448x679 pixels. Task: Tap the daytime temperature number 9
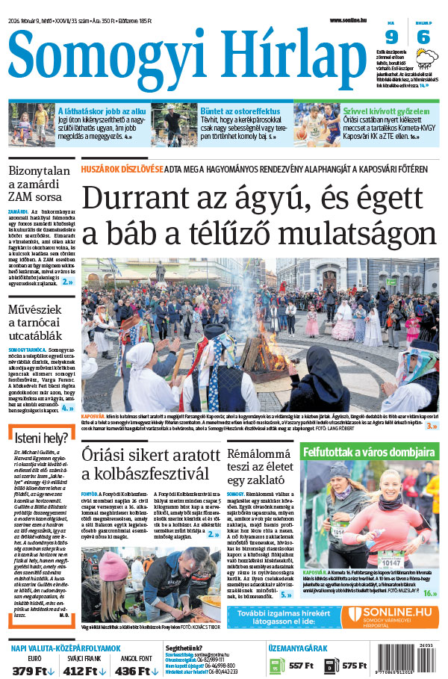tap(392, 37)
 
